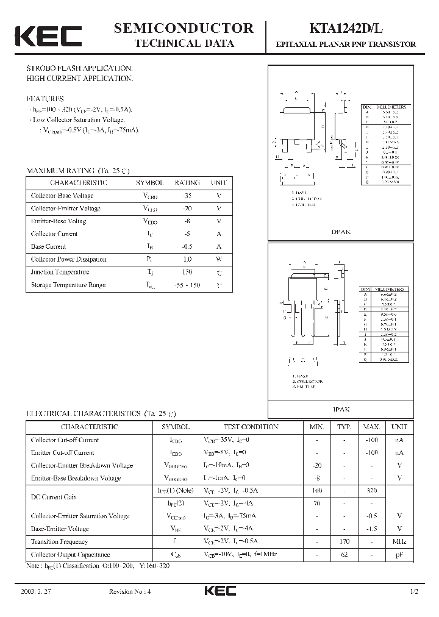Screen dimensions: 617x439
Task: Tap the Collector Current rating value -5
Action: coord(187,234)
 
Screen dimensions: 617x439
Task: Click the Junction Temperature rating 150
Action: coord(187,273)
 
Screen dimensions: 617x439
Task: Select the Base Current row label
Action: coord(48,247)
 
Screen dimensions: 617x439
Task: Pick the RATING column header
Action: coord(187,183)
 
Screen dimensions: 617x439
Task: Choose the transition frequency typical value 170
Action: coord(344,542)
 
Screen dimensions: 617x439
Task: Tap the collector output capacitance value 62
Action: coord(344,555)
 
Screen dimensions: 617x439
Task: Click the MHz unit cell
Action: coord(399,542)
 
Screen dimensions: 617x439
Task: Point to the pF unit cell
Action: coord(399,555)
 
